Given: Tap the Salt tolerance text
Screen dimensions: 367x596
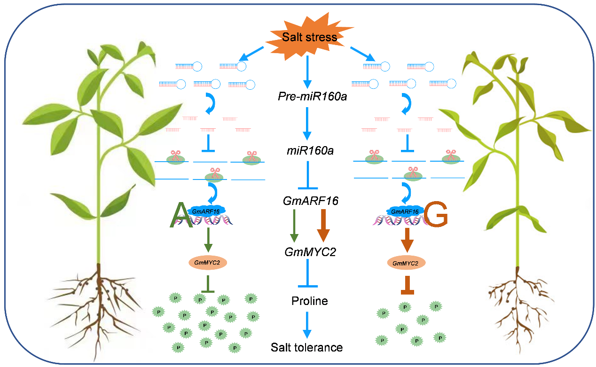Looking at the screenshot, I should pyautogui.click(x=306, y=348).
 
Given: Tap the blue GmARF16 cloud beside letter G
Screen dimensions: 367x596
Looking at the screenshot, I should pyautogui.click(x=404, y=211).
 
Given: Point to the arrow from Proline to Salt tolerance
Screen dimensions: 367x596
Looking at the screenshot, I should pyautogui.click(x=306, y=324).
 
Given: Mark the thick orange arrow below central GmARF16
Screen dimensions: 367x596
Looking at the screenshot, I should pyautogui.click(x=323, y=226).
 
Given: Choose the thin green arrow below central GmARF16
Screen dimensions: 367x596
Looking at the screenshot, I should pyautogui.click(x=294, y=226).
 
